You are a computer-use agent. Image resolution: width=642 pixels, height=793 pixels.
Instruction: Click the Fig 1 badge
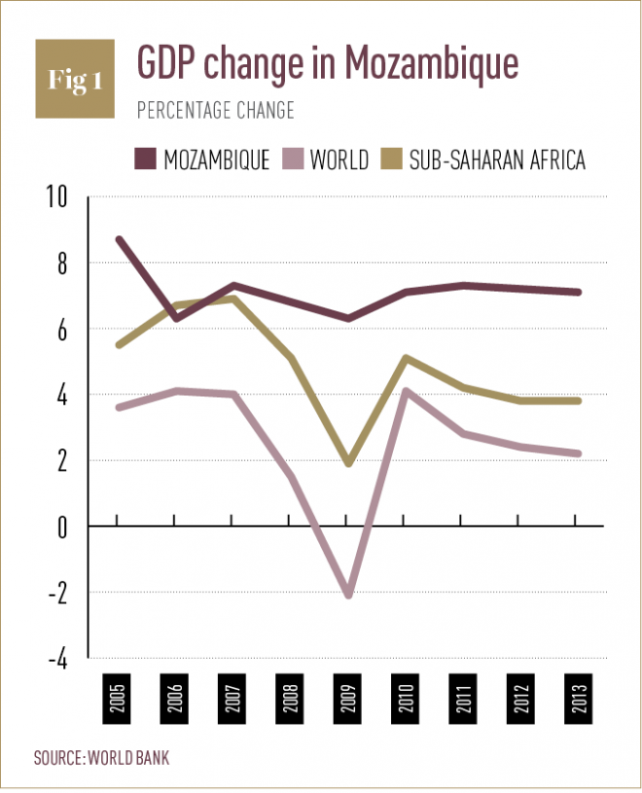click(x=75, y=80)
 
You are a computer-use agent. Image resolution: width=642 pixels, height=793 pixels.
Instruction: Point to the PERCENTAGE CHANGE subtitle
click(x=214, y=111)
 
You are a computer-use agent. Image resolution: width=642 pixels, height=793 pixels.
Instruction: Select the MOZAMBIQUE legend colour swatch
click(x=143, y=160)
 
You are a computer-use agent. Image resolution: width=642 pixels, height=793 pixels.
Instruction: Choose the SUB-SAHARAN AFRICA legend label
click(x=497, y=160)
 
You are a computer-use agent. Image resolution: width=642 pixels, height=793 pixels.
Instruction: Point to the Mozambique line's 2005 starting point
click(x=117, y=239)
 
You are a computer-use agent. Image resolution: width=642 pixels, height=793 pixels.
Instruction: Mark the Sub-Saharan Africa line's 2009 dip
click(x=346, y=463)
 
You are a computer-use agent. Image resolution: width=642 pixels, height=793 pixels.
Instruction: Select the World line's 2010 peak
click(x=404, y=391)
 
